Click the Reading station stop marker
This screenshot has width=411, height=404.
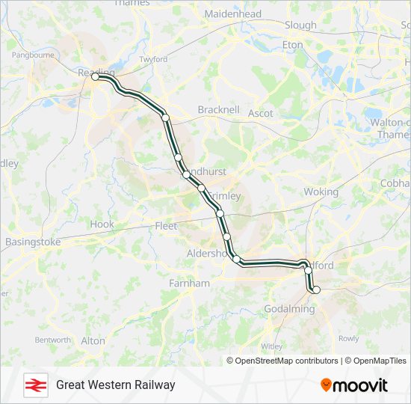(96, 77)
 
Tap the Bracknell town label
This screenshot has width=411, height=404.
(218, 110)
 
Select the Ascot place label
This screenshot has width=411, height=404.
(261, 114)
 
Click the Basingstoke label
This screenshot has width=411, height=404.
(32, 242)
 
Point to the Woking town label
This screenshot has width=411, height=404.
(321, 192)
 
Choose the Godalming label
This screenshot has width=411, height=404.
(290, 309)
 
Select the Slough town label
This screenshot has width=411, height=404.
(300, 25)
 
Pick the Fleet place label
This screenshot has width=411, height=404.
(166, 226)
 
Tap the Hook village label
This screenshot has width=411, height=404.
(102, 224)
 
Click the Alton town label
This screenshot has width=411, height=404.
(93, 340)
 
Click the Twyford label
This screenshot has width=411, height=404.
(153, 59)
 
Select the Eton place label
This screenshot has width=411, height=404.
(293, 45)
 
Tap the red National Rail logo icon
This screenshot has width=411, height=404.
(33, 385)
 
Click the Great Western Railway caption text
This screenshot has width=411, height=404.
(115, 385)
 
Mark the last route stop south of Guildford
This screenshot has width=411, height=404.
(316, 290)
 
